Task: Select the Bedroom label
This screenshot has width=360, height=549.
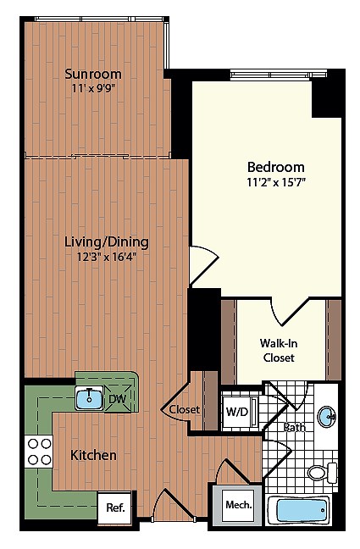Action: click(275, 167)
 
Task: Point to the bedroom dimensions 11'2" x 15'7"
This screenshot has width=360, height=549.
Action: click(275, 181)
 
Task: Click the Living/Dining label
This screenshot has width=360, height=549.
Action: click(101, 241)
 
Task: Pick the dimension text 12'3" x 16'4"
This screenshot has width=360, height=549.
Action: click(101, 257)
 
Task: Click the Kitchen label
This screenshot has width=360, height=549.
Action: click(93, 455)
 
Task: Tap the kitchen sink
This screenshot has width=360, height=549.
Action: click(89, 396)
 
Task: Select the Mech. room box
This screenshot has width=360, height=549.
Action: click(236, 506)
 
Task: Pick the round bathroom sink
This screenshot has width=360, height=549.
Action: click(328, 417)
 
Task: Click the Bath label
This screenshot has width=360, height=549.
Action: click(294, 427)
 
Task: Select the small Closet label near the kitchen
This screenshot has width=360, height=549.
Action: click(184, 409)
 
